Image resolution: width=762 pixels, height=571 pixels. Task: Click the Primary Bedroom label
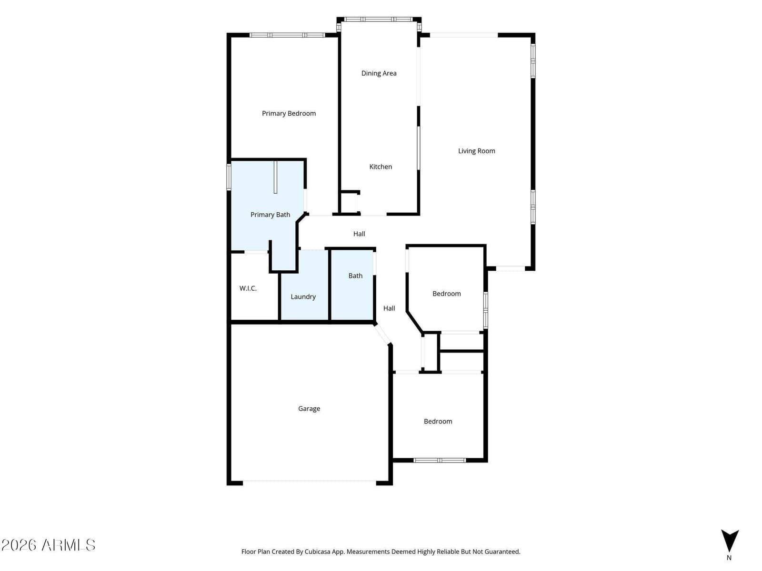tap(289, 113)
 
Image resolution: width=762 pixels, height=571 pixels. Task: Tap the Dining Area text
tap(379, 73)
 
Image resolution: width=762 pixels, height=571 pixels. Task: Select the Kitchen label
tap(381, 167)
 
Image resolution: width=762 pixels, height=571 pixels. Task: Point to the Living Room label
tap(476, 151)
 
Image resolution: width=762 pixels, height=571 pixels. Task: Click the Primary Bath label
tap(270, 215)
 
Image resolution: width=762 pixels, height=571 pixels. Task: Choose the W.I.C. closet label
tap(248, 288)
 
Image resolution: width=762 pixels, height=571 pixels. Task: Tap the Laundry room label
tap(303, 297)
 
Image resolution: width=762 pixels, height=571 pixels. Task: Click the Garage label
tap(309, 409)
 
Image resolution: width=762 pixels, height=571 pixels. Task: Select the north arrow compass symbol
tap(730, 541)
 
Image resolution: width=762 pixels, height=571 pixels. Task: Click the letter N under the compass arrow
tap(729, 558)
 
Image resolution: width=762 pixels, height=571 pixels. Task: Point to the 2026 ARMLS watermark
tap(48, 545)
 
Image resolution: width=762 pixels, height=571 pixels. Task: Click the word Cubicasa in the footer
tap(317, 551)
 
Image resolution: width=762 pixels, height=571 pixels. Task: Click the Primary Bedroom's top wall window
tap(287, 35)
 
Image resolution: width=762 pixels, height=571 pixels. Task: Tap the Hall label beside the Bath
tap(389, 308)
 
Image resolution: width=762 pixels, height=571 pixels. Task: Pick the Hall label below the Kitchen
tap(359, 234)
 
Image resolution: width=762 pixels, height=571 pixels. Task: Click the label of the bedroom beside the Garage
tap(438, 422)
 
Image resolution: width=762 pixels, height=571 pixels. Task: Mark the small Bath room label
tap(355, 276)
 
